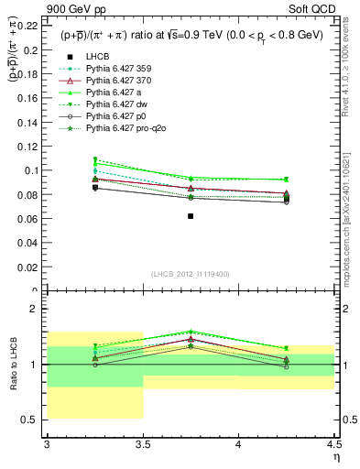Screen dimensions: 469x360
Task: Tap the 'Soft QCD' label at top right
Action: [315, 8]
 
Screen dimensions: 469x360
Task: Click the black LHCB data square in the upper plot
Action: [191, 216]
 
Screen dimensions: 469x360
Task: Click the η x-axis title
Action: [335, 457]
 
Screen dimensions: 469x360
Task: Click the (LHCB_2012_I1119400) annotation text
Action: [191, 274]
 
